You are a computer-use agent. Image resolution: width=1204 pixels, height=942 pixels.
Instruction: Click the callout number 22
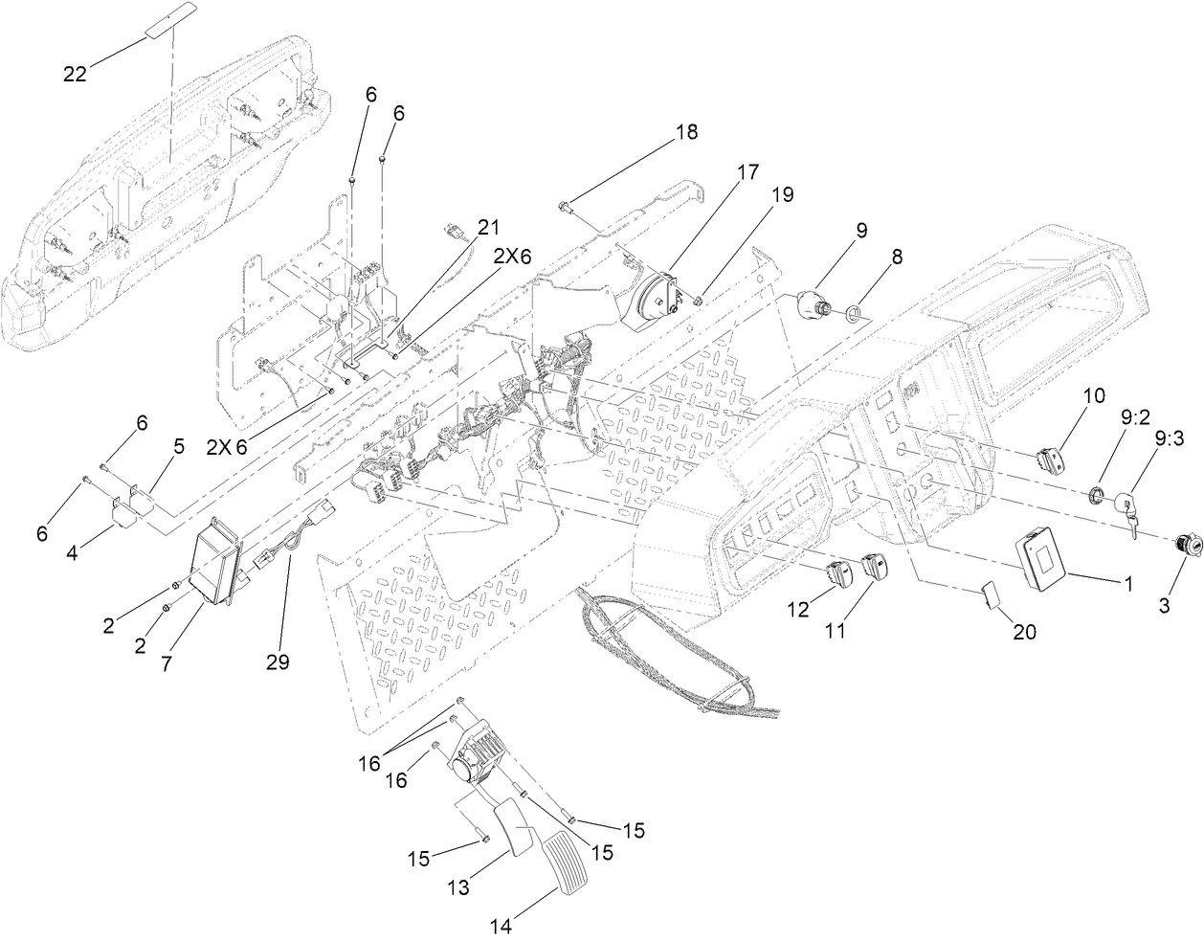(76, 74)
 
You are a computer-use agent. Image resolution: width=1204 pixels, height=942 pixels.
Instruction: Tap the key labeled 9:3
(1131, 511)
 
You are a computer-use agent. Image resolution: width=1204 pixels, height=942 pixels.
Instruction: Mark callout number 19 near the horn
(782, 195)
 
